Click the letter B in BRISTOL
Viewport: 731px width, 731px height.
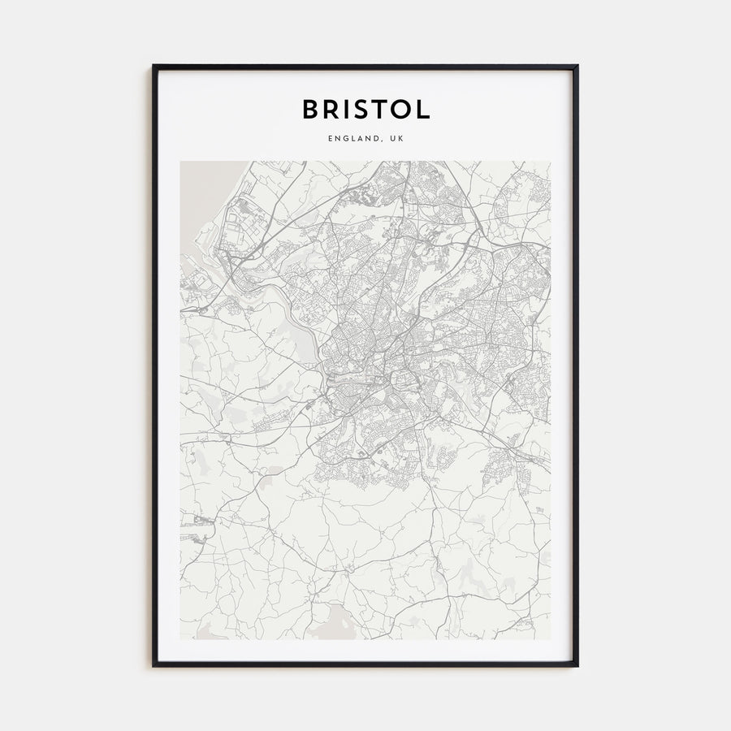[310, 109]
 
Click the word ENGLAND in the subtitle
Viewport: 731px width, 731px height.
[353, 139]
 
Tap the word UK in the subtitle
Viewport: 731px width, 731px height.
[396, 139]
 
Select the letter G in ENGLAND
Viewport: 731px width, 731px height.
[344, 139]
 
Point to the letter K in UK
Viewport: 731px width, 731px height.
[400, 139]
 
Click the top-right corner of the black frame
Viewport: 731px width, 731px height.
[577, 67]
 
